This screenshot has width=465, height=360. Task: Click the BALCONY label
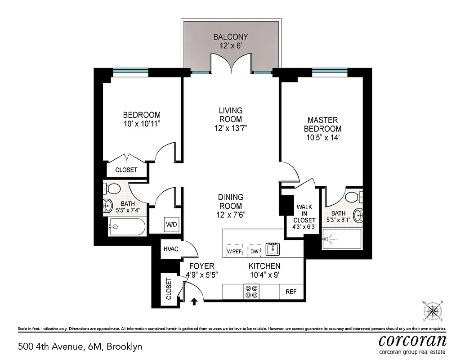(x=231, y=36)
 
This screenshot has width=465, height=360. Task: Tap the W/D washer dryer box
(x=171, y=223)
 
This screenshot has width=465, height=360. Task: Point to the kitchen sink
(x=273, y=249)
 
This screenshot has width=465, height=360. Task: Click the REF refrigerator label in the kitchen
(x=291, y=292)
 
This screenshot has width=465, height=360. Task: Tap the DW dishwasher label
(x=254, y=252)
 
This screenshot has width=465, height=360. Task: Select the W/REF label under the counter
(x=234, y=252)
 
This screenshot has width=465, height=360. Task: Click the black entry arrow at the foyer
(x=194, y=301)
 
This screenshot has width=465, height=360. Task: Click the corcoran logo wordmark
(x=412, y=339)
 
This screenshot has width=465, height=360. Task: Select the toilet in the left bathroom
(x=112, y=188)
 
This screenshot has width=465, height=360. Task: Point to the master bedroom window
(x=330, y=71)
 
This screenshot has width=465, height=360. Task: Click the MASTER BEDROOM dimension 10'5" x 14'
(x=322, y=137)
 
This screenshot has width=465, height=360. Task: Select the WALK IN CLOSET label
(x=304, y=214)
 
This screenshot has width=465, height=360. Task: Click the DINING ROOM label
(x=231, y=197)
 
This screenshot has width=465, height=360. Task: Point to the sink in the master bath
(x=358, y=215)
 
